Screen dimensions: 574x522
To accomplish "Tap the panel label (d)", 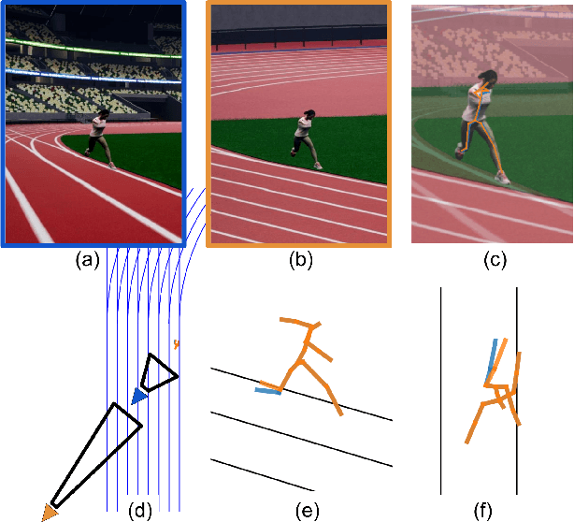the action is tap(139, 510).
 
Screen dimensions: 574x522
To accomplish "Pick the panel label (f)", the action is tap(482, 510).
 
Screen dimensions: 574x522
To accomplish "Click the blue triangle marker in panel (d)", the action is tap(138, 397).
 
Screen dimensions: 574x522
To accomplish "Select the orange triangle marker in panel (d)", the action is tap(50, 511).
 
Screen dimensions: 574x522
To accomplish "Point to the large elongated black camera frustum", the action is tap(93, 454).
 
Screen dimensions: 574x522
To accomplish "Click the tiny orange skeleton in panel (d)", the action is tap(176, 344).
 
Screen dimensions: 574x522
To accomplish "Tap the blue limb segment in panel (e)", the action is tap(269, 390).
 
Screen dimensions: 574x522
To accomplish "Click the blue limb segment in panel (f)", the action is tap(490, 365).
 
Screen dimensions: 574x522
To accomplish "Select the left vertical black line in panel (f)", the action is tap(440, 393).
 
